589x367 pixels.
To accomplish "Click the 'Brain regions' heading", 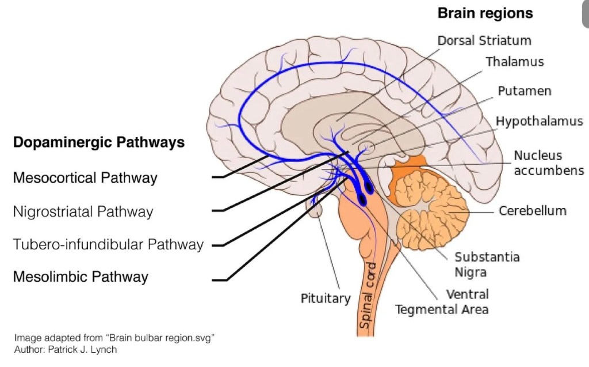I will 485,13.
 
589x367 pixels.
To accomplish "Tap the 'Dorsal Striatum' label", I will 484,40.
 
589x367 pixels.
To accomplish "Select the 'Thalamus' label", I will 514,61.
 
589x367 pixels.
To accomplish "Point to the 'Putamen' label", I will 524,91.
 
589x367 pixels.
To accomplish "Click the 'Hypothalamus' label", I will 539,121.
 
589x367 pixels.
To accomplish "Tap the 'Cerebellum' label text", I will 532,210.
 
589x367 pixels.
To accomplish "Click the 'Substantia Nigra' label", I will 487,264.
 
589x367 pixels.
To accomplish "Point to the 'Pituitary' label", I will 325,298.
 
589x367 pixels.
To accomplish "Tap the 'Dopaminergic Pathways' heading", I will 98,142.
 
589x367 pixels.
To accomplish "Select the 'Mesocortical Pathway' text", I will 85,178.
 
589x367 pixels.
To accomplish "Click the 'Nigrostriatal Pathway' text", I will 83,211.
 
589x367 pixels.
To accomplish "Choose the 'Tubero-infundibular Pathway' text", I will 108,244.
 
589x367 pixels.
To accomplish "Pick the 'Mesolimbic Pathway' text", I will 81,277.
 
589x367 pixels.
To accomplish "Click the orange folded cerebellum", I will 426,207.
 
